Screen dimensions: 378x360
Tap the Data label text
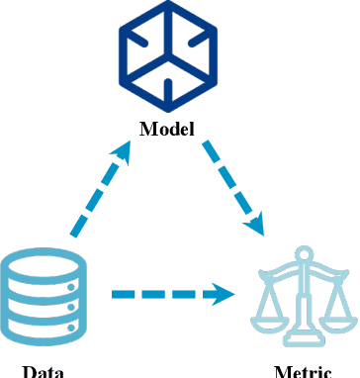point(44,372)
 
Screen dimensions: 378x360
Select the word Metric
point(303,372)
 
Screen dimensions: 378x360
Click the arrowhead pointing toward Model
point(124,150)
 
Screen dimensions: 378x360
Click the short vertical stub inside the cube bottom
point(166,91)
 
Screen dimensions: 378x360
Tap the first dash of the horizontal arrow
point(123,293)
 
